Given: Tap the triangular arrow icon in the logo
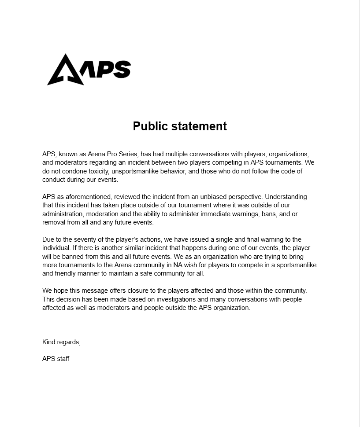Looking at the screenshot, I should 65,71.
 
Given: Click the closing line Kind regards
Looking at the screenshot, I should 61,342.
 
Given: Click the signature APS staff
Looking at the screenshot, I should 56,359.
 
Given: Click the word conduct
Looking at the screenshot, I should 53,180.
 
